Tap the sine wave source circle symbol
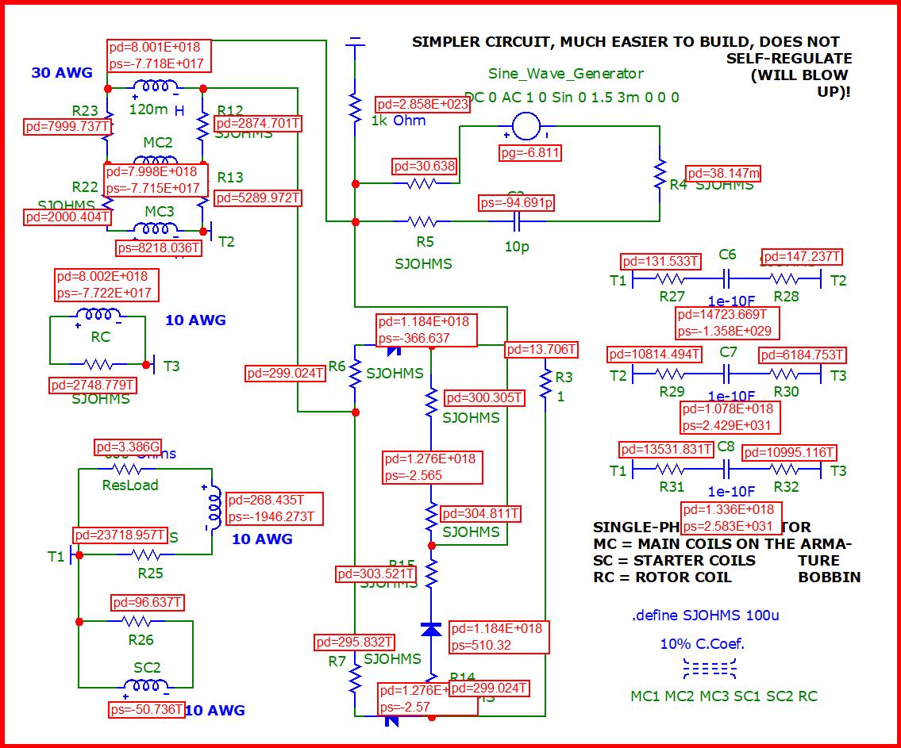525,125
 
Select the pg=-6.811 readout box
530,152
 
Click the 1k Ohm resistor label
399,121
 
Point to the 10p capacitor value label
517,247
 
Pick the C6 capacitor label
727,255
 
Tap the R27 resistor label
672,297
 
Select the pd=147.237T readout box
801,257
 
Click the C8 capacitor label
726,447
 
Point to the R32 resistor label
786,486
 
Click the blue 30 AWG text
62,73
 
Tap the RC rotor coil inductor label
100,337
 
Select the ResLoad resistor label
130,485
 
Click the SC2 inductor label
147,668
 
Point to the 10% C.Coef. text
703,643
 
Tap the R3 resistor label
564,378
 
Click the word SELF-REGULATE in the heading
789,59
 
